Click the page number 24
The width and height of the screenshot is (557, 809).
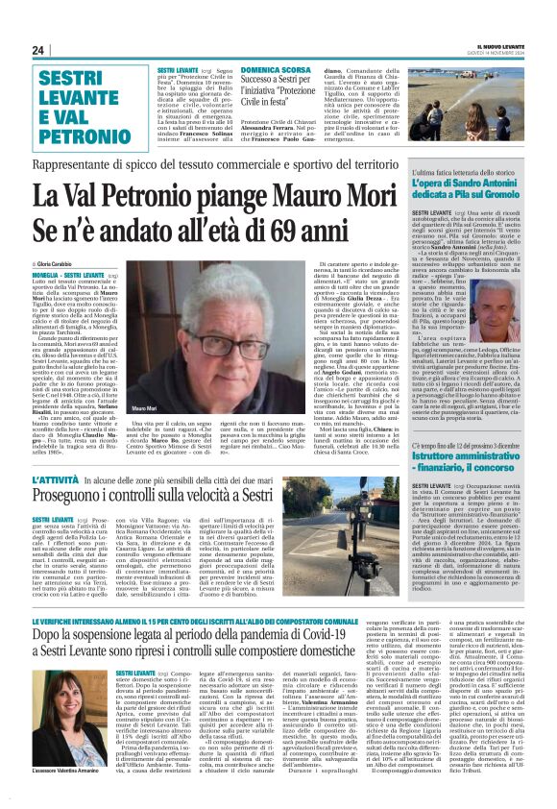coord(37,49)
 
